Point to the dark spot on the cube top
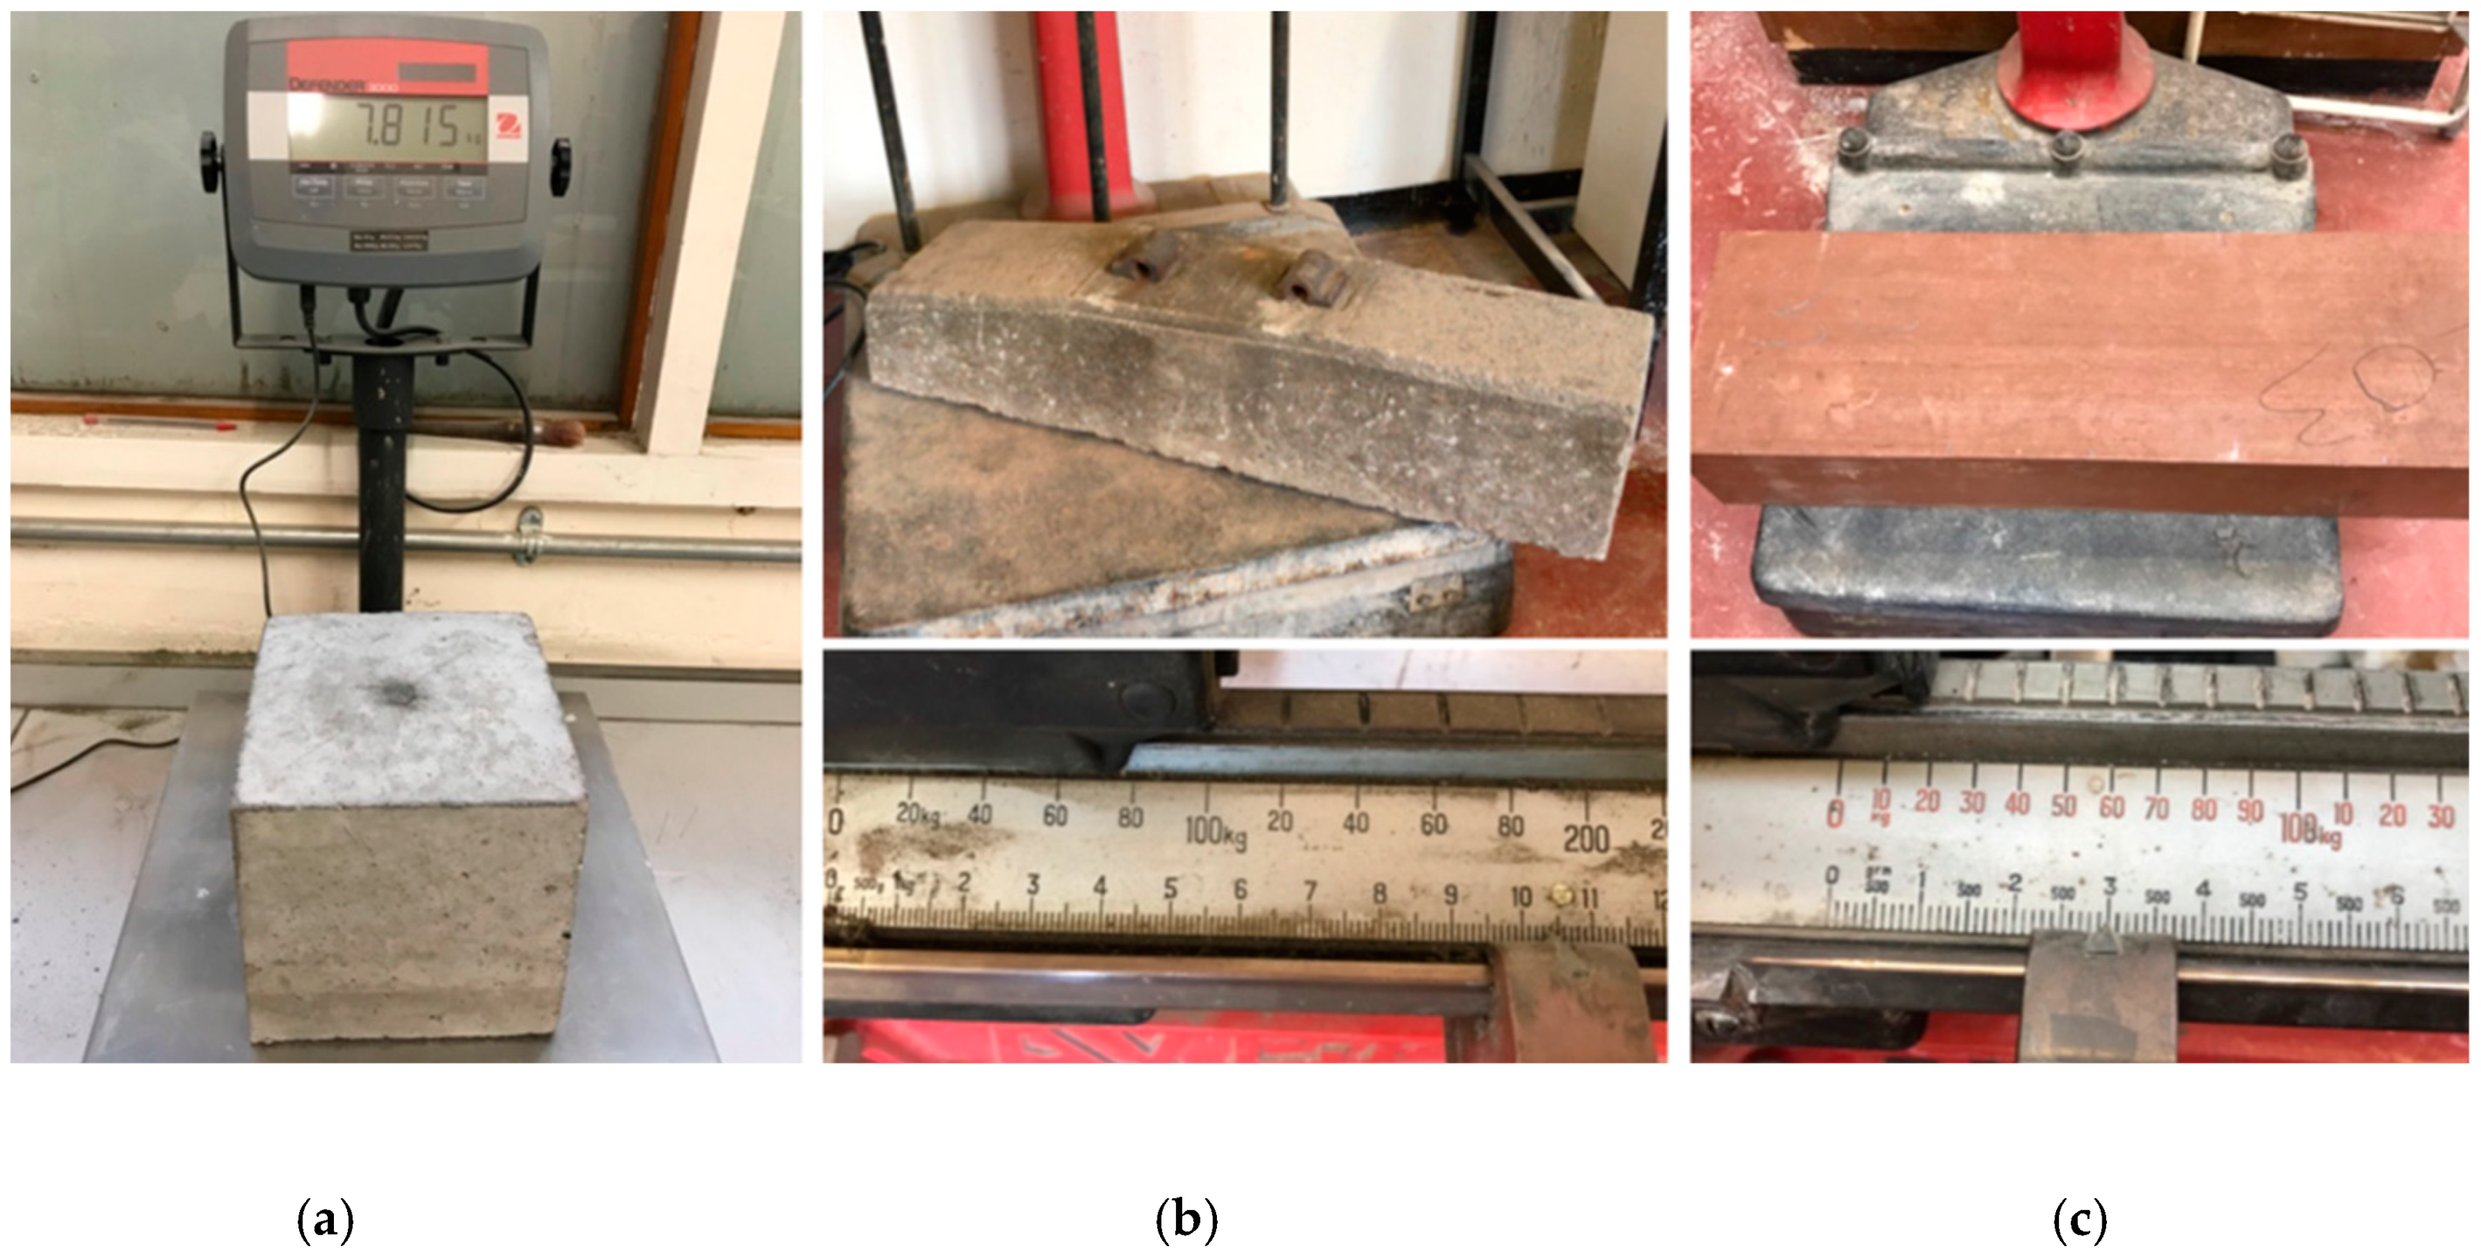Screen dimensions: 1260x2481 pos(394,691)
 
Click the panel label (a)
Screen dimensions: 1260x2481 pos(325,1221)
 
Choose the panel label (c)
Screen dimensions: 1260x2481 pos(2080,1221)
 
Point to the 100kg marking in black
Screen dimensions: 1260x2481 pos(1214,829)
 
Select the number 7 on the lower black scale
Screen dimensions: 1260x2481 pos(1310,891)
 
